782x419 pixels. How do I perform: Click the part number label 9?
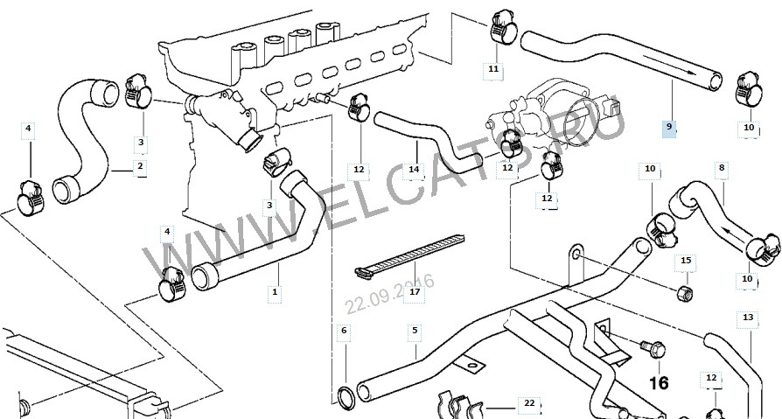click(x=669, y=127)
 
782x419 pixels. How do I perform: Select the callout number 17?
click(x=415, y=291)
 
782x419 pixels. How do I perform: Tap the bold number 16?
click(x=658, y=381)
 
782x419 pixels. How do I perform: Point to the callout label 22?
click(x=528, y=403)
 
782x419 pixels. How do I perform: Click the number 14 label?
click(x=414, y=169)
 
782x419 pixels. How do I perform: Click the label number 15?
click(x=686, y=261)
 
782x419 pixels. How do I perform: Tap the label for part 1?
click(x=276, y=291)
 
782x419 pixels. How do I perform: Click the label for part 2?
click(x=139, y=165)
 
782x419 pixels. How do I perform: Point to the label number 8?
click(x=722, y=166)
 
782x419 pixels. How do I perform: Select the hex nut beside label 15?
click(x=687, y=290)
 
